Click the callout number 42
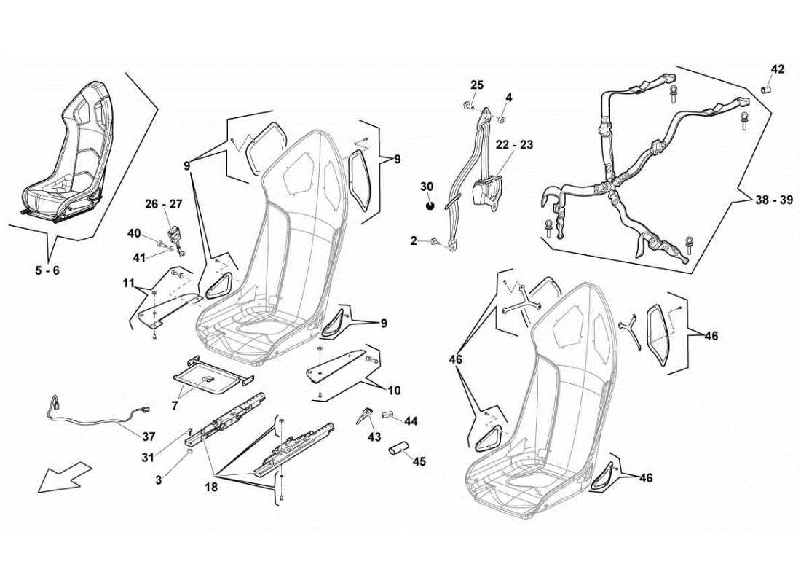[x=778, y=70]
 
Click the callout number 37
[x=148, y=437]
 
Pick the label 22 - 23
[x=515, y=145]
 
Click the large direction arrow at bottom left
[x=64, y=477]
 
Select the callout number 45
[x=419, y=461]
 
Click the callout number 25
[x=476, y=85]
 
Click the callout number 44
[x=411, y=421]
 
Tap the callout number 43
[x=374, y=437]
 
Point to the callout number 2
[x=414, y=240]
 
